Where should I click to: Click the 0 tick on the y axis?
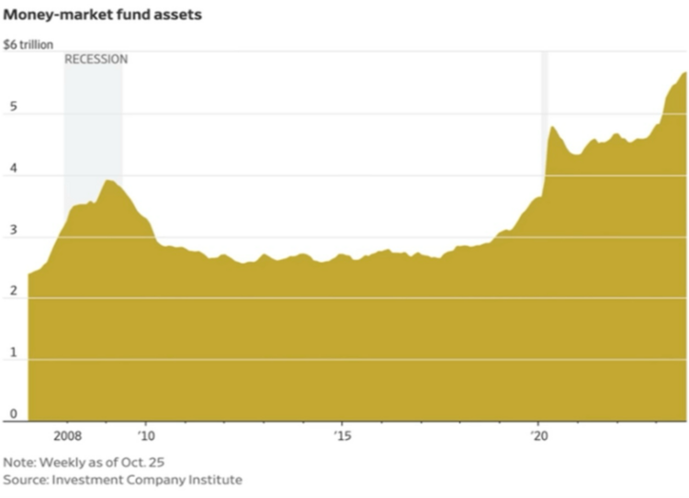(x=11, y=413)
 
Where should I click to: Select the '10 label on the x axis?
(x=145, y=436)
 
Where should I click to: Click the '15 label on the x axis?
(x=342, y=436)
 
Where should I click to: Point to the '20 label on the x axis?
(x=538, y=436)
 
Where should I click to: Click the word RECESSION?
(x=96, y=60)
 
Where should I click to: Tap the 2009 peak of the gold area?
(x=108, y=181)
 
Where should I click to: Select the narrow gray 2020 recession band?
(x=544, y=92)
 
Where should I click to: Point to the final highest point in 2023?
(x=684, y=73)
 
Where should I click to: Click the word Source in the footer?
(x=24, y=480)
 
